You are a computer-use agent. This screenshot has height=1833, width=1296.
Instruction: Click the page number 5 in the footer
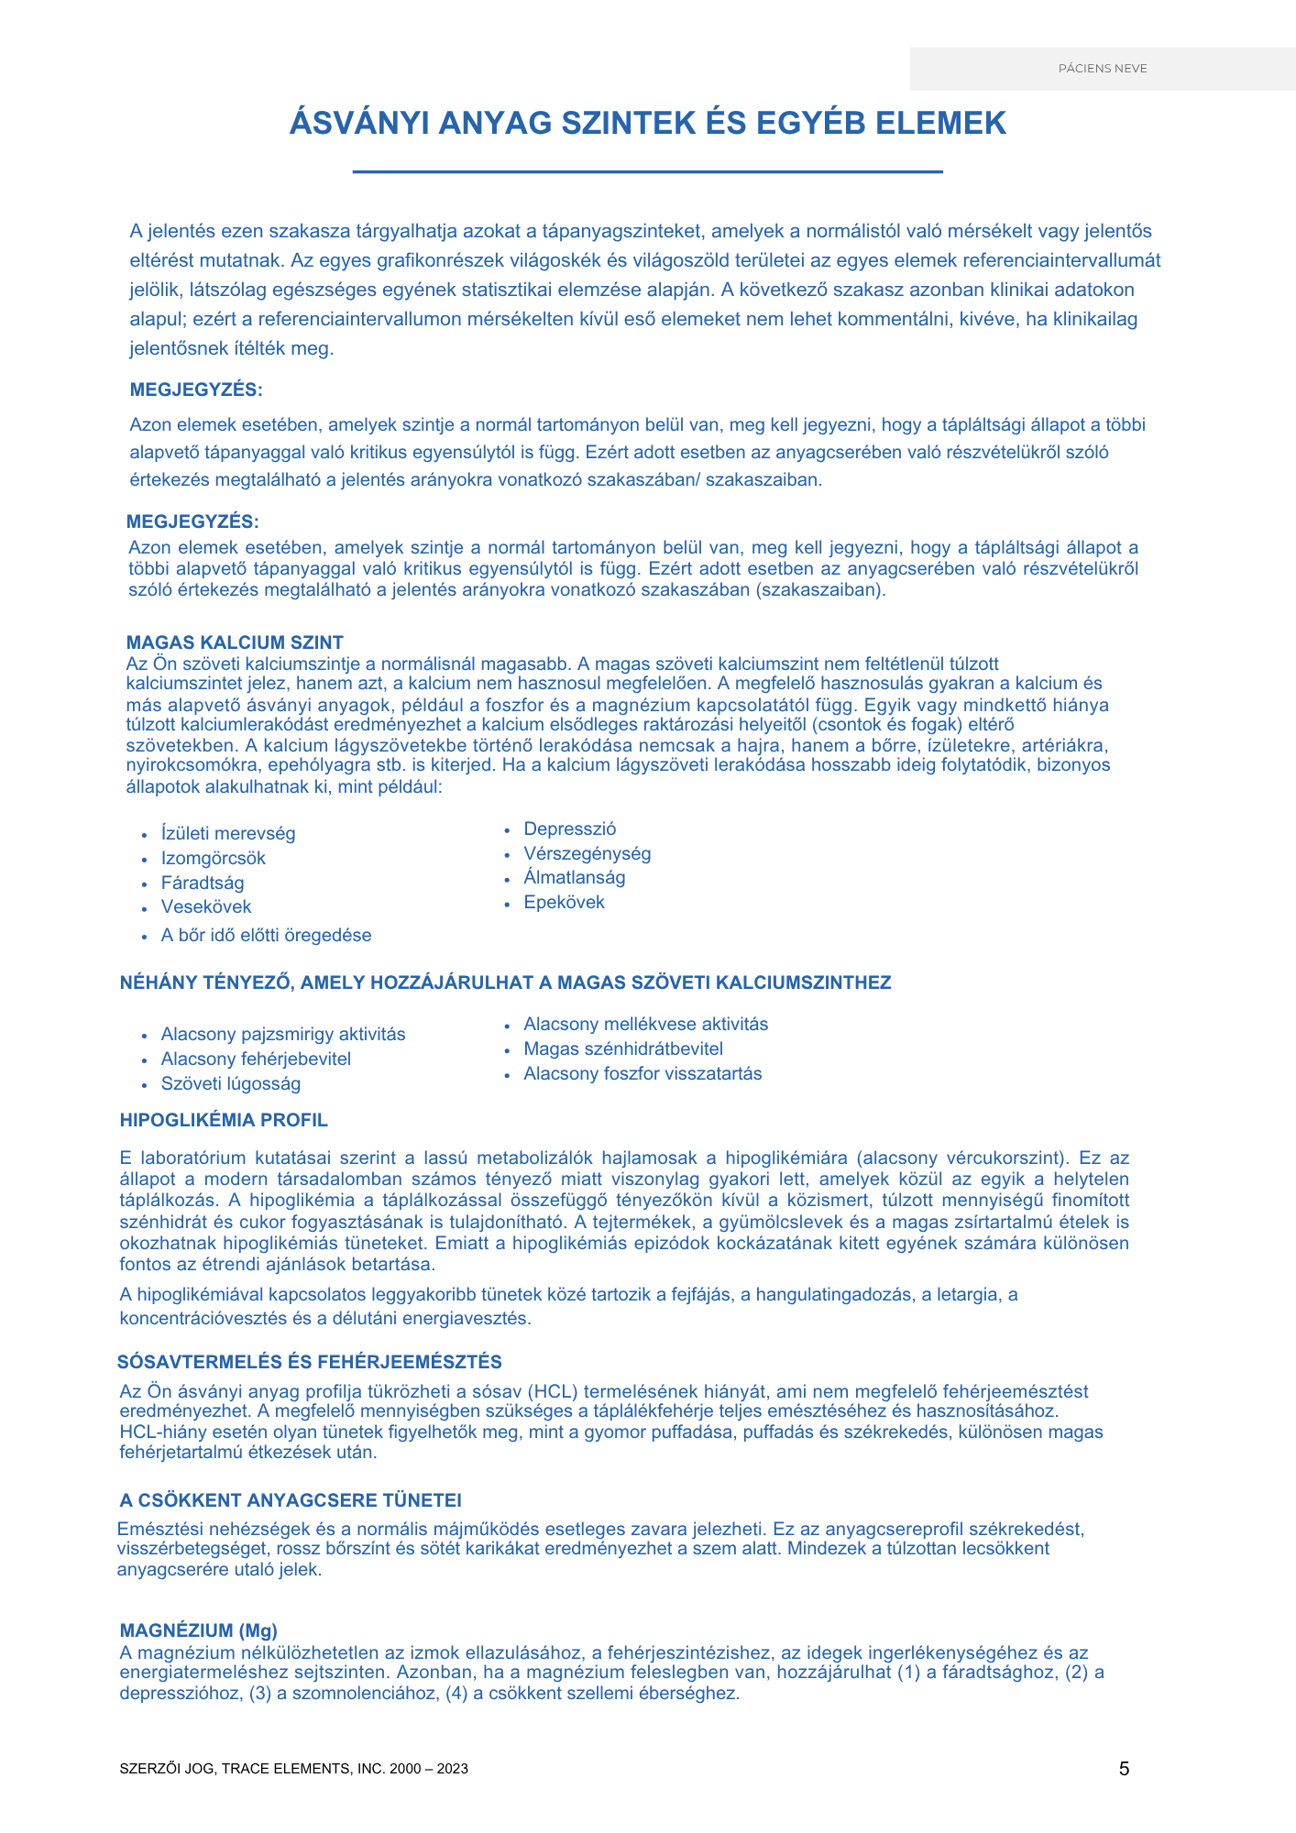(x=1124, y=1769)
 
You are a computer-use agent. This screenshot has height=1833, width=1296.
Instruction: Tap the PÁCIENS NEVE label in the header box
(x=1103, y=69)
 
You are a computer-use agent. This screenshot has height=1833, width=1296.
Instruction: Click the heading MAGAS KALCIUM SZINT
(x=235, y=642)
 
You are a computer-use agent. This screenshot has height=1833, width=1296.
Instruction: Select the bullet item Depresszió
(x=569, y=829)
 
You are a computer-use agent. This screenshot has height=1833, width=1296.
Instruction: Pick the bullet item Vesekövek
(x=205, y=906)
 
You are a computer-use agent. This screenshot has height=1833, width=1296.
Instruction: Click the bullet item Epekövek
(x=564, y=902)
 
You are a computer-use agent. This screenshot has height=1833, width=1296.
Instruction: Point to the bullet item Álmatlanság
(x=574, y=877)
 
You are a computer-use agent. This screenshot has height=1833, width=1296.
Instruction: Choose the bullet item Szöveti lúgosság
(x=230, y=1083)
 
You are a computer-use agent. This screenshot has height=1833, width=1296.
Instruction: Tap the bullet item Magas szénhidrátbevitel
(x=622, y=1048)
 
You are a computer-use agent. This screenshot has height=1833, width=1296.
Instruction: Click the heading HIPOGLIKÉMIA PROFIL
(x=224, y=1120)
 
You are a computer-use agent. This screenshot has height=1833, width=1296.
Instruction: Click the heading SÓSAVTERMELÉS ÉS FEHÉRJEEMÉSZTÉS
(x=310, y=1362)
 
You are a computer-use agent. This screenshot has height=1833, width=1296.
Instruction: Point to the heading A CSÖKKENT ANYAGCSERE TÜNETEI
(x=290, y=1500)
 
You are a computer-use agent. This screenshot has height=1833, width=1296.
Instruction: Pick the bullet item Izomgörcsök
(x=213, y=858)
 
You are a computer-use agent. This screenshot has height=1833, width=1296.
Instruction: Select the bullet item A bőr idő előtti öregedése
(x=266, y=935)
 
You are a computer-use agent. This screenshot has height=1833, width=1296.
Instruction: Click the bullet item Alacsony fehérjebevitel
(x=256, y=1059)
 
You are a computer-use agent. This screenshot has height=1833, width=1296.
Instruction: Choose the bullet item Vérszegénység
(x=587, y=853)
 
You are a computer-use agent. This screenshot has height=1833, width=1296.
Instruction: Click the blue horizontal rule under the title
(x=647, y=171)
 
